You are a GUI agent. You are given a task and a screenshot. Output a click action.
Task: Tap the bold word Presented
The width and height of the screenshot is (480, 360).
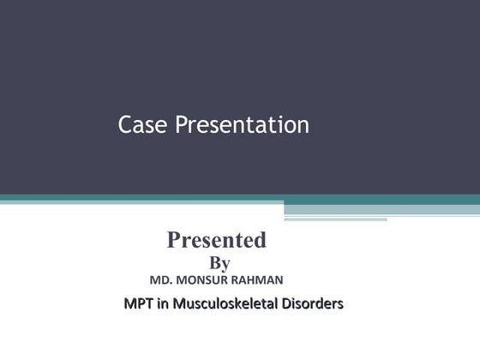[216, 240]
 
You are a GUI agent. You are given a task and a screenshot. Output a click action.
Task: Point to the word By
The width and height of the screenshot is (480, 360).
[219, 263]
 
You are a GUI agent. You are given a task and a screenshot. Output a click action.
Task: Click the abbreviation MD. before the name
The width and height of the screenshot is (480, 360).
[162, 280]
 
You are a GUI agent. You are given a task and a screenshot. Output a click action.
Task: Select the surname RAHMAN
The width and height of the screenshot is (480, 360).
[257, 280]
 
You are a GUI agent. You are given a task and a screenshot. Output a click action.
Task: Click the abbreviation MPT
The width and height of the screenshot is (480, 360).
[138, 303]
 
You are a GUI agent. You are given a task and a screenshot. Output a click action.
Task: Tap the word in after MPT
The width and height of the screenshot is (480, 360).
[161, 303]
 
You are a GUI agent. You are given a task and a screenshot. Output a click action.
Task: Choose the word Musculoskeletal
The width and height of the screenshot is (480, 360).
[225, 303]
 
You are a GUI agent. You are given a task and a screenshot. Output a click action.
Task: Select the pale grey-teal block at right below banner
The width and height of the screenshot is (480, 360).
[381, 208]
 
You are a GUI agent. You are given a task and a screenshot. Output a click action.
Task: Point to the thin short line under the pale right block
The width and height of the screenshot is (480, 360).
[335, 219]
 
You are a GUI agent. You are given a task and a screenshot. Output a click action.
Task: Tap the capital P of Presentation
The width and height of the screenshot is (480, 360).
[180, 126]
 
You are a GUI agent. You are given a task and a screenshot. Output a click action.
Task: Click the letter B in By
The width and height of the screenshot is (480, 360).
[214, 263]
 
